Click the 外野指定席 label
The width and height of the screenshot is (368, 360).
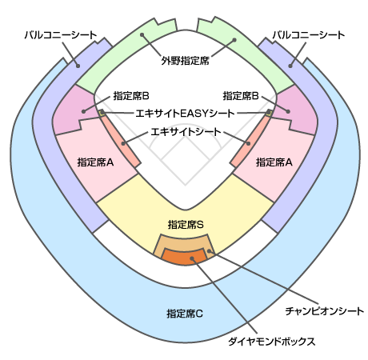point(185,61)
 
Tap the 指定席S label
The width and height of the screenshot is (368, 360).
point(186,225)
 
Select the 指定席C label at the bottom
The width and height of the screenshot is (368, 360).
point(185,314)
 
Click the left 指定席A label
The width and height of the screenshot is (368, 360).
point(95,162)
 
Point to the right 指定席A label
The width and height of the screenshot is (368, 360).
point(274,162)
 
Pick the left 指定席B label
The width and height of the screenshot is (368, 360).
point(131,96)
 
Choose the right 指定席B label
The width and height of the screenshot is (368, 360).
point(241,96)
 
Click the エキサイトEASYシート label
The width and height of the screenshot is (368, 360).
point(185,114)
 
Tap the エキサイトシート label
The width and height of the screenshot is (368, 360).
point(186,132)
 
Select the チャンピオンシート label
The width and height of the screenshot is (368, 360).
point(324,311)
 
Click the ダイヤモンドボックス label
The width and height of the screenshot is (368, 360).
point(271,342)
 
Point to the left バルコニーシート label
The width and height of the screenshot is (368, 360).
point(61,35)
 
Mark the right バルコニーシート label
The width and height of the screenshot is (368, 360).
point(309,35)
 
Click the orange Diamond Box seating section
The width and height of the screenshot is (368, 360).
point(185,257)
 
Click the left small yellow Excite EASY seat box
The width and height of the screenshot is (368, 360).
point(102,113)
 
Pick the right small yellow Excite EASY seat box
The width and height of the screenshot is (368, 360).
point(269,113)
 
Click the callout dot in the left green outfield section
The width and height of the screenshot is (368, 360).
point(142,34)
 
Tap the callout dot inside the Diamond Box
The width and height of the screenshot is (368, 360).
point(192,258)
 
